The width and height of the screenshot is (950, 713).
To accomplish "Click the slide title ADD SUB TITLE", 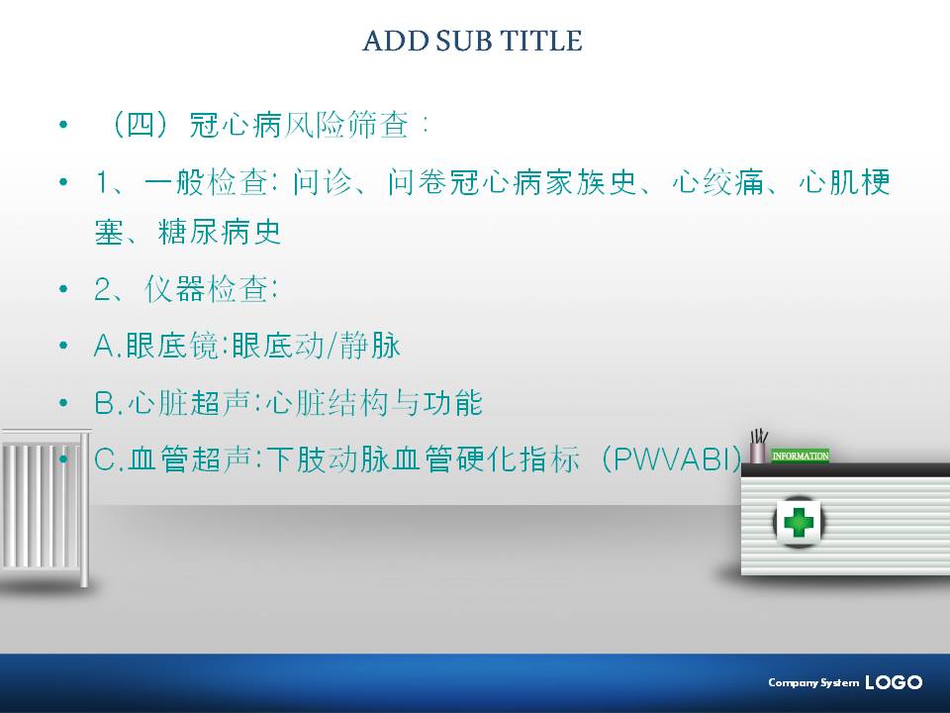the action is click(473, 41).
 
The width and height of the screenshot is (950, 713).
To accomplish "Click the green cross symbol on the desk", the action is click(798, 522).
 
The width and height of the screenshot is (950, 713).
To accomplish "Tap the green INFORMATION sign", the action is click(800, 456).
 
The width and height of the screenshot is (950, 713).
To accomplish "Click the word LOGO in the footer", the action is click(894, 682).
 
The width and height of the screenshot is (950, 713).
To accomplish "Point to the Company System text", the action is click(813, 683).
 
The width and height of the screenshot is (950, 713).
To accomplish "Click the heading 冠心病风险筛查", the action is click(300, 126).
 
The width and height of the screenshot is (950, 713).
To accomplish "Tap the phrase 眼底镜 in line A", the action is click(172, 346).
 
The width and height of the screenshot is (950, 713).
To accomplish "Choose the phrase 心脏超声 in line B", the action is click(189, 403).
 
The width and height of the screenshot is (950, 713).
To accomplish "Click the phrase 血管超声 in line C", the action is click(189, 459).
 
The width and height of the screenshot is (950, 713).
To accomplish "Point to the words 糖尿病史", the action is click(220, 232).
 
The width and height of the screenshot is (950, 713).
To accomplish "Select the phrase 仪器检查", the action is click(206, 288).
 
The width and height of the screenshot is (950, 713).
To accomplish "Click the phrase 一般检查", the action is click(206, 182).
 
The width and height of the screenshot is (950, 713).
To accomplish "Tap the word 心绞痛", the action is click(718, 182).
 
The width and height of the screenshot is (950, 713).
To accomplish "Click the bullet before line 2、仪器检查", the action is click(63, 289).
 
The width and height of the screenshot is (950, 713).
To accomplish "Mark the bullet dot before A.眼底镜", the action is click(63, 346).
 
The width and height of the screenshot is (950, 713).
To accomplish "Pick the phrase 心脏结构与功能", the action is click(374, 403).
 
